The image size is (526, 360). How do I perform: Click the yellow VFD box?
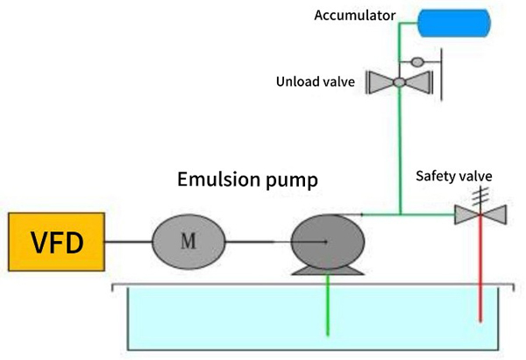click(x=56, y=242)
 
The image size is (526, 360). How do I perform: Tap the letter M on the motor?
click(x=188, y=241)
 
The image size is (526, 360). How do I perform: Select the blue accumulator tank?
click(x=454, y=23)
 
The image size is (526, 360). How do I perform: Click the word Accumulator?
click(x=354, y=16)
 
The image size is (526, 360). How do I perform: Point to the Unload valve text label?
click(x=316, y=81)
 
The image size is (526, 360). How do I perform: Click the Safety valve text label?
click(x=454, y=176)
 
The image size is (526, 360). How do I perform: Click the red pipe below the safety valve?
click(x=480, y=269)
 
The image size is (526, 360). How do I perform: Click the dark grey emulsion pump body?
click(x=328, y=242)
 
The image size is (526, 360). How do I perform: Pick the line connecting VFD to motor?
click(x=129, y=242)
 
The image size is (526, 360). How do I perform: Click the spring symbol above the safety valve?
click(x=480, y=197)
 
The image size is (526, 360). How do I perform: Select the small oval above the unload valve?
click(x=417, y=62)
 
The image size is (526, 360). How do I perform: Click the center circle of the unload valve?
click(x=399, y=81)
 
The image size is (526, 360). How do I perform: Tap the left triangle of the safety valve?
click(x=467, y=215)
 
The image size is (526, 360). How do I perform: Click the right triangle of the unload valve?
click(x=419, y=82)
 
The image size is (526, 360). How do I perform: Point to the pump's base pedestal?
click(x=328, y=271)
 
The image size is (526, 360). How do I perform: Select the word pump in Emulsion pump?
click(x=292, y=181)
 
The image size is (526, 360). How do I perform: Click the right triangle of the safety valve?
click(x=494, y=215)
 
